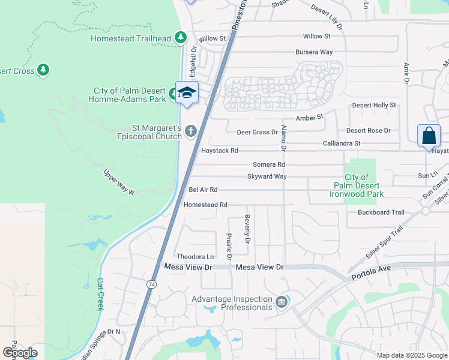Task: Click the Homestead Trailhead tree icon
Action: (181, 38)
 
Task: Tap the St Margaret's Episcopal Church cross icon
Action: (191, 130)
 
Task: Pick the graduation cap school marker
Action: (187, 92)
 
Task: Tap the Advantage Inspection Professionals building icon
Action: (280, 302)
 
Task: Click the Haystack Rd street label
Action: (220, 151)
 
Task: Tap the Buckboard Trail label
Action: (381, 212)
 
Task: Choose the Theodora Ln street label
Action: (195, 256)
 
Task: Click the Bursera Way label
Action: (314, 52)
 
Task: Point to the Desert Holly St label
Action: (374, 105)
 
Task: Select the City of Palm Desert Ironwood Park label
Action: (357, 185)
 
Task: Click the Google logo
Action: (20, 353)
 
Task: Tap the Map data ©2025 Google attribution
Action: (411, 355)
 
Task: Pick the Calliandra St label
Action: (342, 143)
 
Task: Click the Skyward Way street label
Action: (267, 176)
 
